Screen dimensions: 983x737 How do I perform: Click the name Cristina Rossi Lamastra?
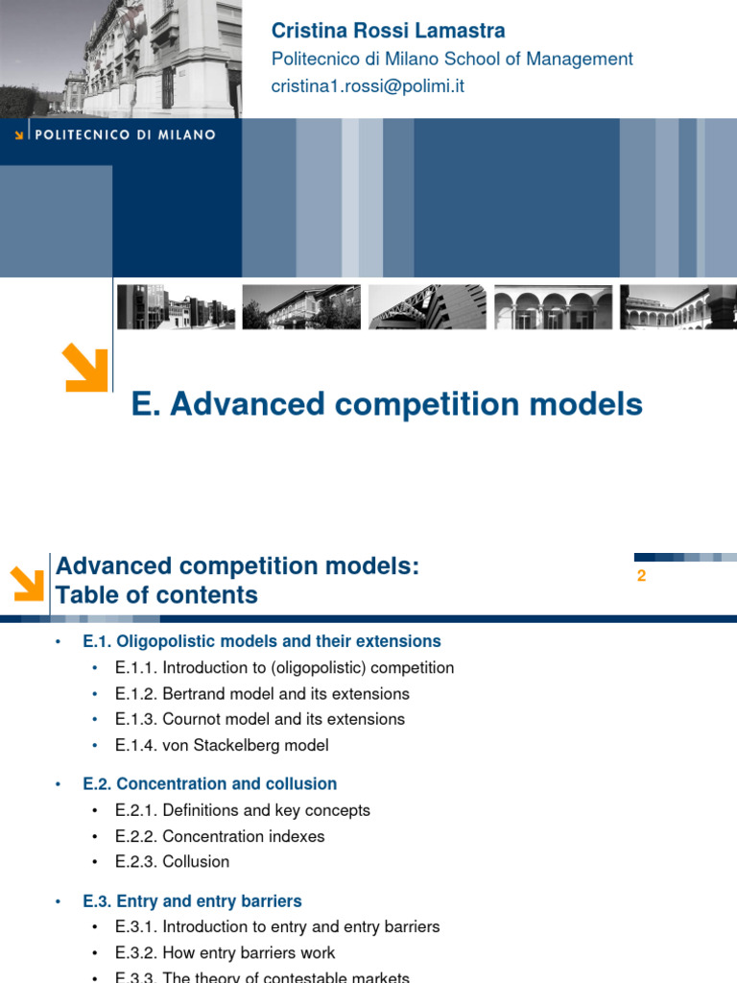388,31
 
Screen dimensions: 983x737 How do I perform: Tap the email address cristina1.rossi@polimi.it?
368,85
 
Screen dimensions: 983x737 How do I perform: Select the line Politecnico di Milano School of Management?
452,59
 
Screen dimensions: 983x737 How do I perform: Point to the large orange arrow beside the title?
84,370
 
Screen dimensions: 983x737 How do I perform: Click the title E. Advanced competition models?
387,404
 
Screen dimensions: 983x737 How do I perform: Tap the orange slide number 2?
642,576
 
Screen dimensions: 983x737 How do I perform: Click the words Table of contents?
156,595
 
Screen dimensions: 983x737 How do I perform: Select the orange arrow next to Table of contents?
27,584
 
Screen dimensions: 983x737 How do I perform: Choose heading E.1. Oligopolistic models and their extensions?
262,641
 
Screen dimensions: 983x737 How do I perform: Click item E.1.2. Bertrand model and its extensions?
262,694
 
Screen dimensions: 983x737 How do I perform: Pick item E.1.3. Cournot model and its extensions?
260,719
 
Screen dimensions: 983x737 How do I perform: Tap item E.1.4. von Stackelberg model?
222,745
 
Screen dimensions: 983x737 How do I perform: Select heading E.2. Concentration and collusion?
210,784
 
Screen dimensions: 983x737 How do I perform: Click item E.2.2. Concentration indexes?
220,836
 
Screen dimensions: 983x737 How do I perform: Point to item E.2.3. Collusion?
173,862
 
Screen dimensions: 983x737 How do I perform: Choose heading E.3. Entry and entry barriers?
193,901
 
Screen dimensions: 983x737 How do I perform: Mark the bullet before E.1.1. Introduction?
95,668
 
